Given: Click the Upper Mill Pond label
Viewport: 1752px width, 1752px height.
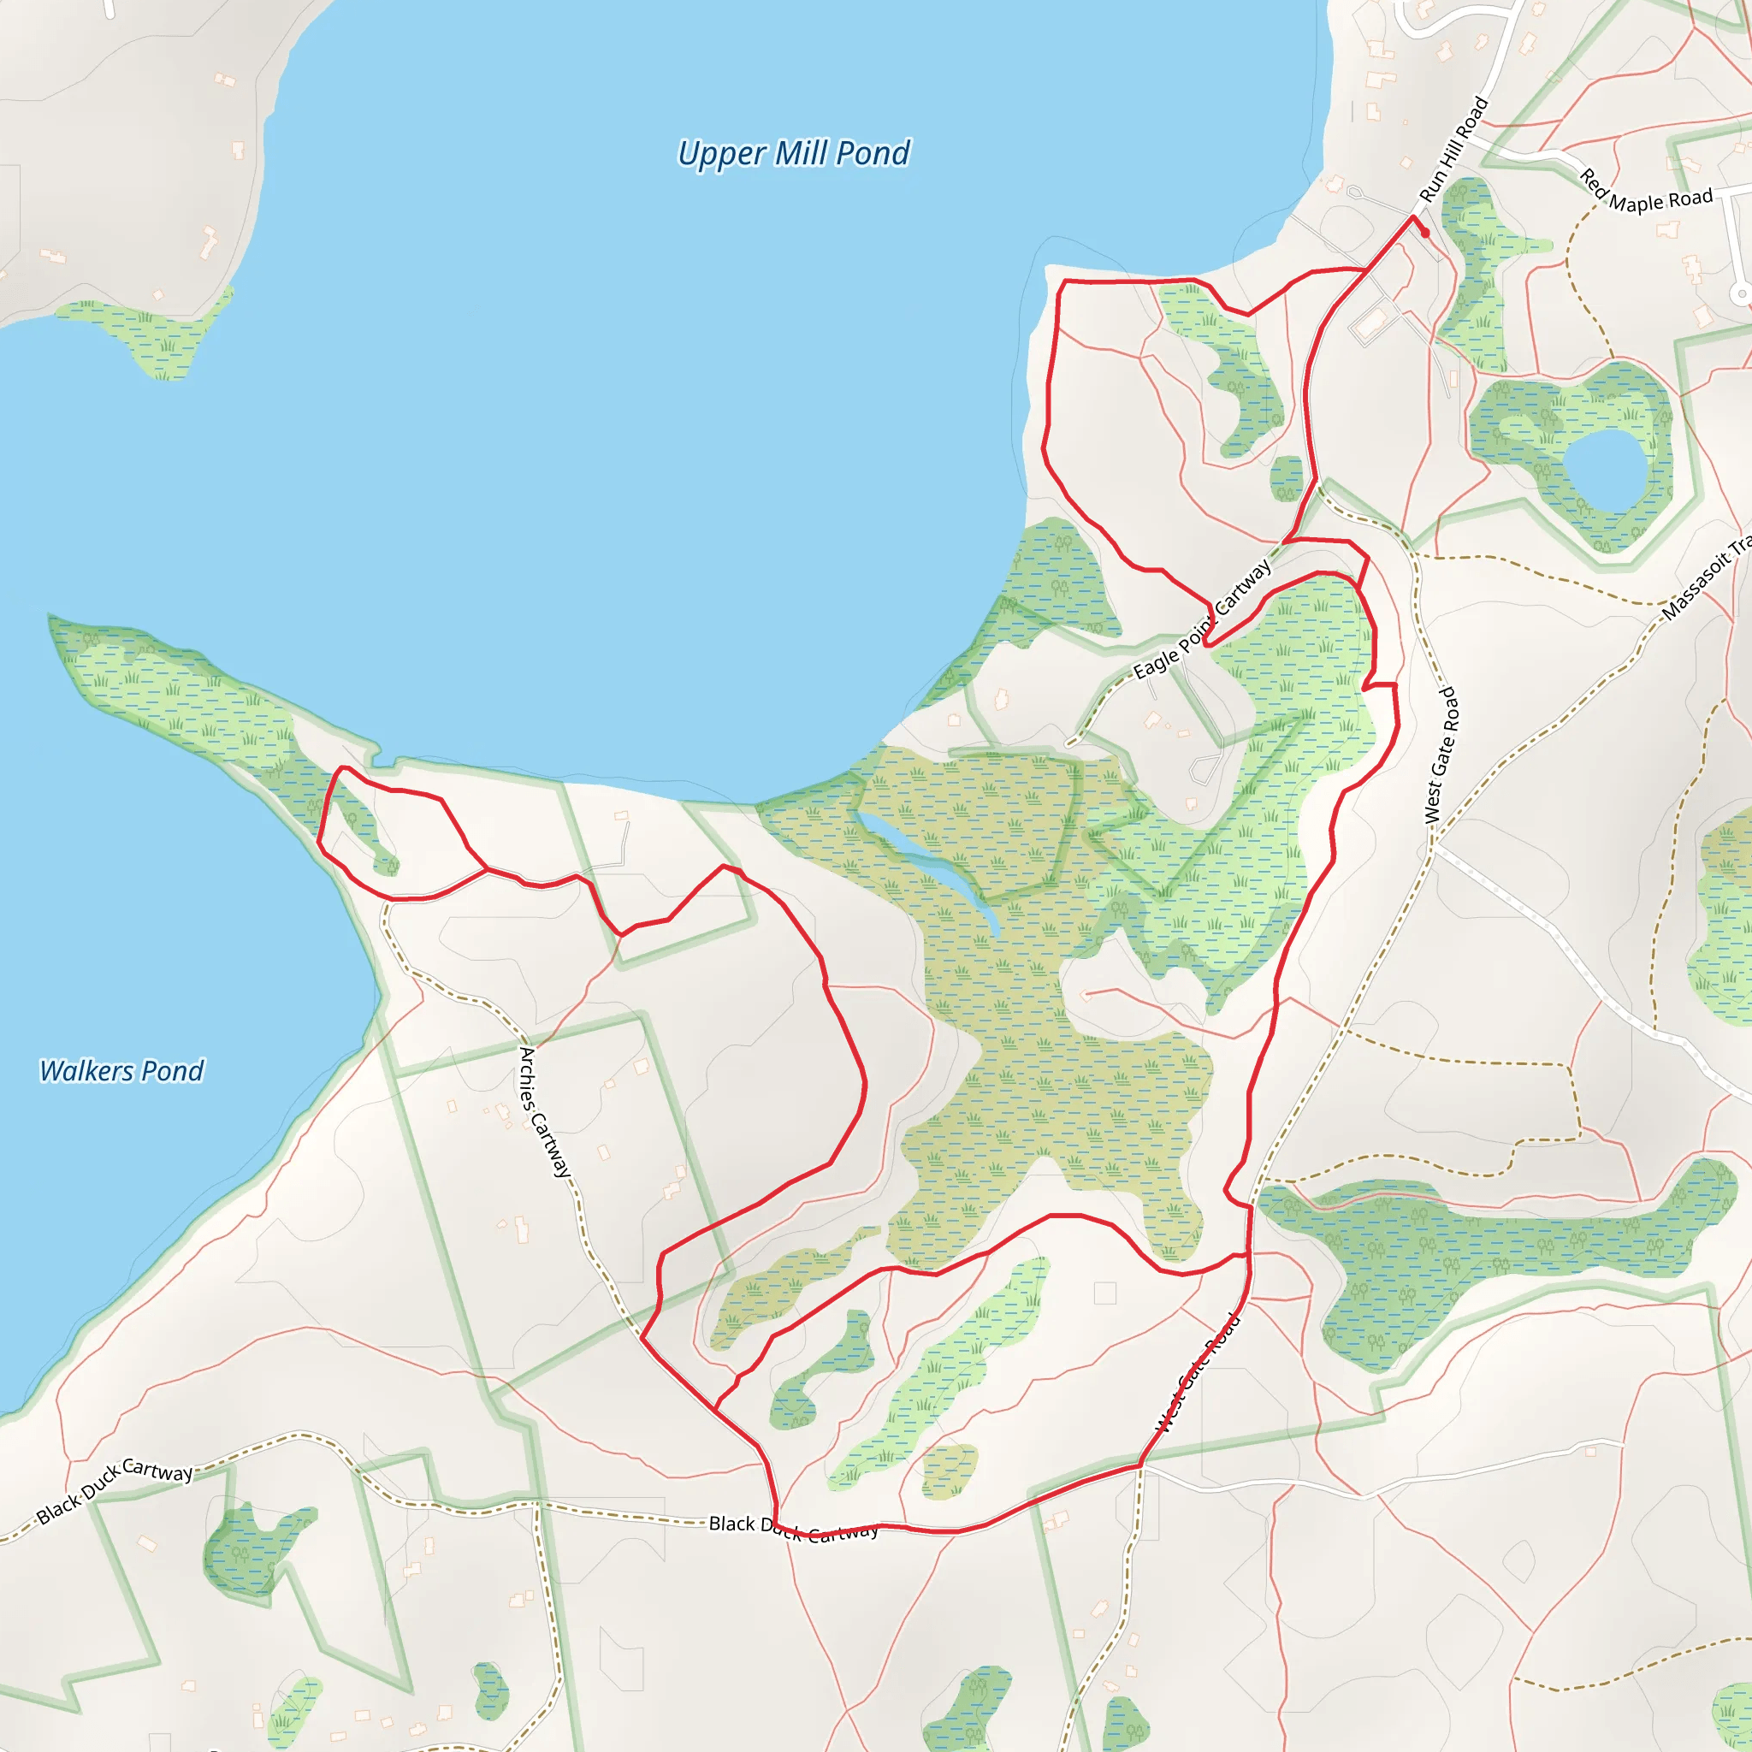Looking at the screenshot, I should [x=794, y=153].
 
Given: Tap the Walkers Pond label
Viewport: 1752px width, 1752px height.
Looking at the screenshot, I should [x=121, y=1071].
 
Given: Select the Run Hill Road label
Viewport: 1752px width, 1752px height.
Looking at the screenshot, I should [x=1453, y=150].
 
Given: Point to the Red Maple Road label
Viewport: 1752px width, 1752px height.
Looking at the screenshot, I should [x=1646, y=192].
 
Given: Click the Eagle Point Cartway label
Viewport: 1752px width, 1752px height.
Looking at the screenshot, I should [x=1203, y=620].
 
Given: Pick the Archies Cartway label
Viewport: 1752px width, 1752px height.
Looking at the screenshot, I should [x=543, y=1112].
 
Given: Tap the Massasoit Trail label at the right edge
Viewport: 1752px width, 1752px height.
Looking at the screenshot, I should [x=1705, y=580].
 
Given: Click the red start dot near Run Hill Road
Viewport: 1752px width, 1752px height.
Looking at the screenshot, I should [x=1424, y=233].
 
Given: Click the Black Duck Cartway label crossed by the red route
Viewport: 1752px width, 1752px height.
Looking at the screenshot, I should [x=794, y=1528].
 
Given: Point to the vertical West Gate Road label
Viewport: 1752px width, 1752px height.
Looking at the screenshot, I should [x=1440, y=755].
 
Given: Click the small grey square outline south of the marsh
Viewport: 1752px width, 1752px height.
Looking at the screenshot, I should [x=1104, y=1293].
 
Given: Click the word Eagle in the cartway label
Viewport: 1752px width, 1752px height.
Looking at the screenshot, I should [x=1157, y=661].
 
